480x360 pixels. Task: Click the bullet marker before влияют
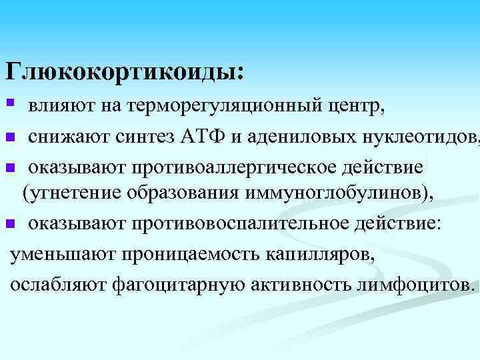(9, 104)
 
